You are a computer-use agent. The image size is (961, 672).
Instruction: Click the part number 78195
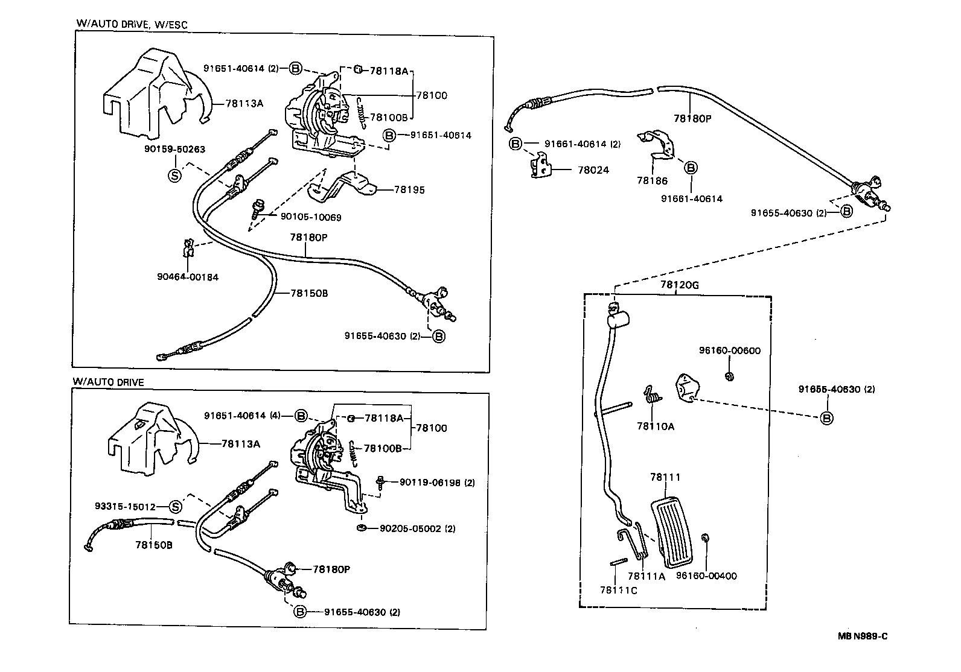click(409, 189)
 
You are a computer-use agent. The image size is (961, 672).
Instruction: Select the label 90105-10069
click(311, 217)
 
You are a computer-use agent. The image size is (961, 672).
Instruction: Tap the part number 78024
click(593, 170)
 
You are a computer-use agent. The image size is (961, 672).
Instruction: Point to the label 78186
click(652, 180)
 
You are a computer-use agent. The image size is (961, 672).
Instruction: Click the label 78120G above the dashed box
click(679, 285)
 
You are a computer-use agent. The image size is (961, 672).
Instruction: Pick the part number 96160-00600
click(730, 350)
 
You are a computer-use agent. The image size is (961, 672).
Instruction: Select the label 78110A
click(656, 426)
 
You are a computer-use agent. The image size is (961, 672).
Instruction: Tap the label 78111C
click(618, 590)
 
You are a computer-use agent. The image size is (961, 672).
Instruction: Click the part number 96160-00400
click(706, 576)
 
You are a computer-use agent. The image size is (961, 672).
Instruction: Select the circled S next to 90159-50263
click(174, 176)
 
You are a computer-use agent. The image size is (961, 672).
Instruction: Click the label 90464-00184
click(188, 277)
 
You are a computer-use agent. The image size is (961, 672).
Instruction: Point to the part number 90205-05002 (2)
click(417, 528)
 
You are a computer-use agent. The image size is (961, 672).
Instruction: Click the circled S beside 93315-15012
click(174, 507)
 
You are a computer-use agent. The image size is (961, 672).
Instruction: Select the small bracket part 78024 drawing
click(541, 165)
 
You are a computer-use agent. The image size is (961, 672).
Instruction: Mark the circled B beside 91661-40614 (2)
click(515, 144)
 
